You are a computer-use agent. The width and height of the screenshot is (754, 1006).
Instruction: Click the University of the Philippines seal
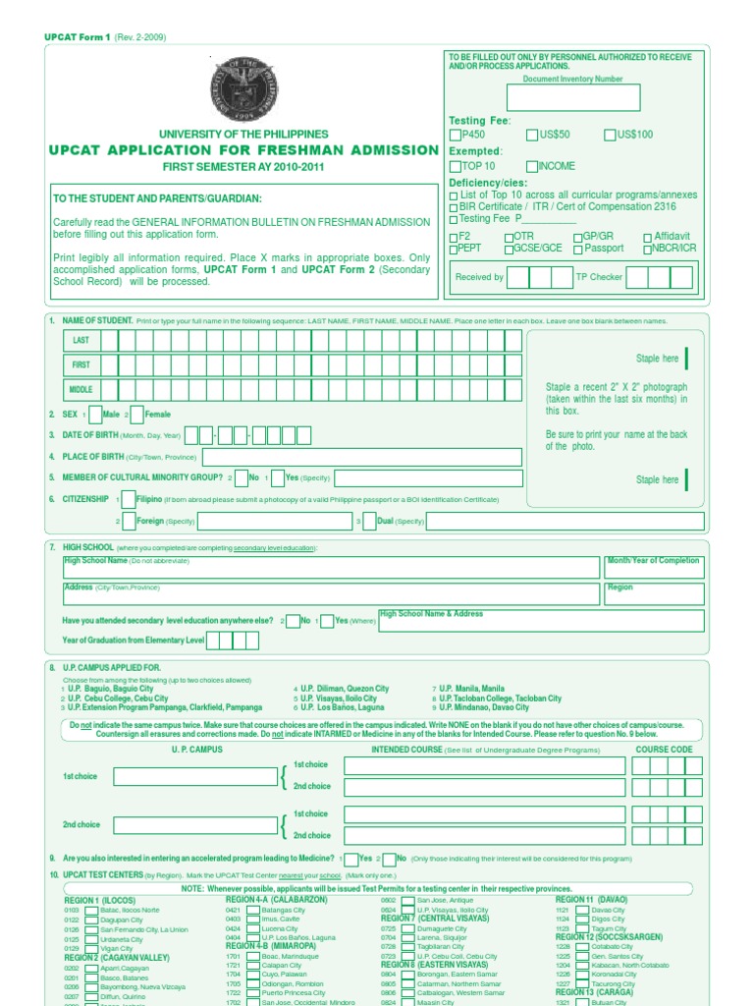243,89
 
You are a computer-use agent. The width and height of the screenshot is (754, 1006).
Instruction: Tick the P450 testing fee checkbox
455,135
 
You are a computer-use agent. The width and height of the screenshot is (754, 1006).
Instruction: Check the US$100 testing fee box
610,135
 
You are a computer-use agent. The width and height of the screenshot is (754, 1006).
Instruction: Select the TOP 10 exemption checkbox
455,167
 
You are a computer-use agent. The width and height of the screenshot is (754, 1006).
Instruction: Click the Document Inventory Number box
573,98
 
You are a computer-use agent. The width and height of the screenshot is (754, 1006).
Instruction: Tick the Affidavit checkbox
647,237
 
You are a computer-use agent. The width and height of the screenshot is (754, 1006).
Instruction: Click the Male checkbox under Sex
94,415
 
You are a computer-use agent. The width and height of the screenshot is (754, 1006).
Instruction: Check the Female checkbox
136,415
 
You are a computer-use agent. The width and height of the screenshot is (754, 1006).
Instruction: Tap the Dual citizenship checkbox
369,522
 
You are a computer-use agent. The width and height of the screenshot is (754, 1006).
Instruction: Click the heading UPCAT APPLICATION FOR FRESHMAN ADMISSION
244,150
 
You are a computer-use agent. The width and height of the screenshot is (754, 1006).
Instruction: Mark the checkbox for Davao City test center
582,911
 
